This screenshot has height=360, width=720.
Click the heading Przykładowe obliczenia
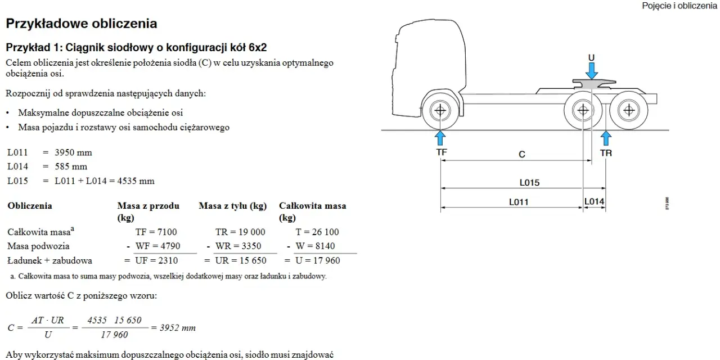pyautogui.click(x=82, y=24)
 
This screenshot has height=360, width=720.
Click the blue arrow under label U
pyautogui.click(x=591, y=71)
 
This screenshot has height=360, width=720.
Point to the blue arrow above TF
pyautogui.click(x=440, y=138)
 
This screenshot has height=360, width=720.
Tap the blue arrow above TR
pyautogui.click(x=606, y=138)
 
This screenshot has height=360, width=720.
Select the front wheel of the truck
pyautogui.click(x=440, y=111)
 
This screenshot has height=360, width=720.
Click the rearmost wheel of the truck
pyautogui.click(x=629, y=111)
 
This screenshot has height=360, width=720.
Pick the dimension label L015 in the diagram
pyautogui.click(x=529, y=183)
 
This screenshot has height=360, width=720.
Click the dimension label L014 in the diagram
pyautogui.click(x=594, y=201)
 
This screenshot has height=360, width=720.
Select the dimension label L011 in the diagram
pyautogui.click(x=519, y=202)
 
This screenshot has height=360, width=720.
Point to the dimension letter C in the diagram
pyautogui.click(x=521, y=155)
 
